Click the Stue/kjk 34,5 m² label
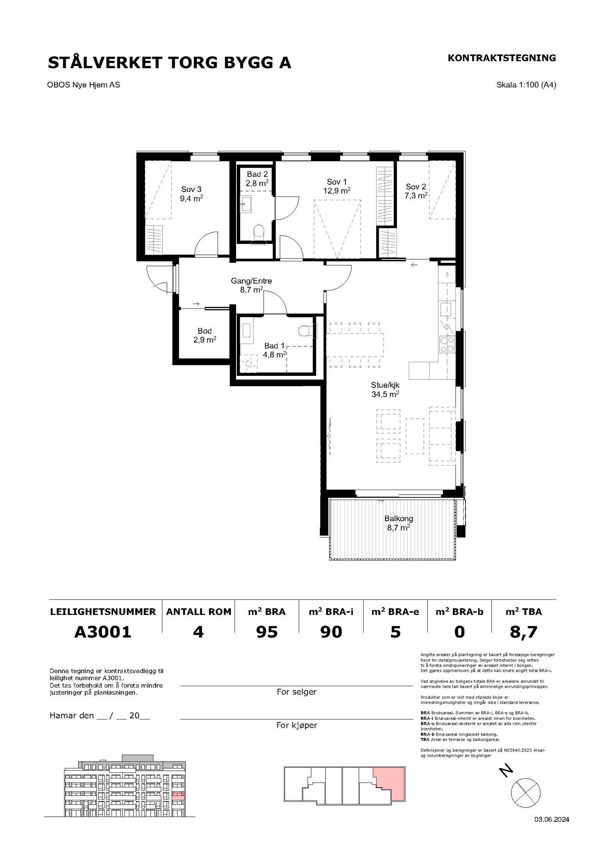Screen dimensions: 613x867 click(385, 389)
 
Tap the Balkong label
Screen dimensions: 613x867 click(399, 519)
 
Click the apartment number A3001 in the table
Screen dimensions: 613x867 click(103, 631)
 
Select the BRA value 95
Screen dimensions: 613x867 click(267, 631)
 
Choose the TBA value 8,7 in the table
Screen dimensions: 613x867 click(524, 632)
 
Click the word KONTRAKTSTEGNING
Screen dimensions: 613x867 click(502, 58)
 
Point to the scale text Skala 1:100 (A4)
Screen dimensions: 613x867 click(526, 85)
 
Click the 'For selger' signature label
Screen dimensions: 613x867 click(297, 692)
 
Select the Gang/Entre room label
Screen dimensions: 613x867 click(251, 281)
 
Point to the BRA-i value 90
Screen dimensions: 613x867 click(331, 631)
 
